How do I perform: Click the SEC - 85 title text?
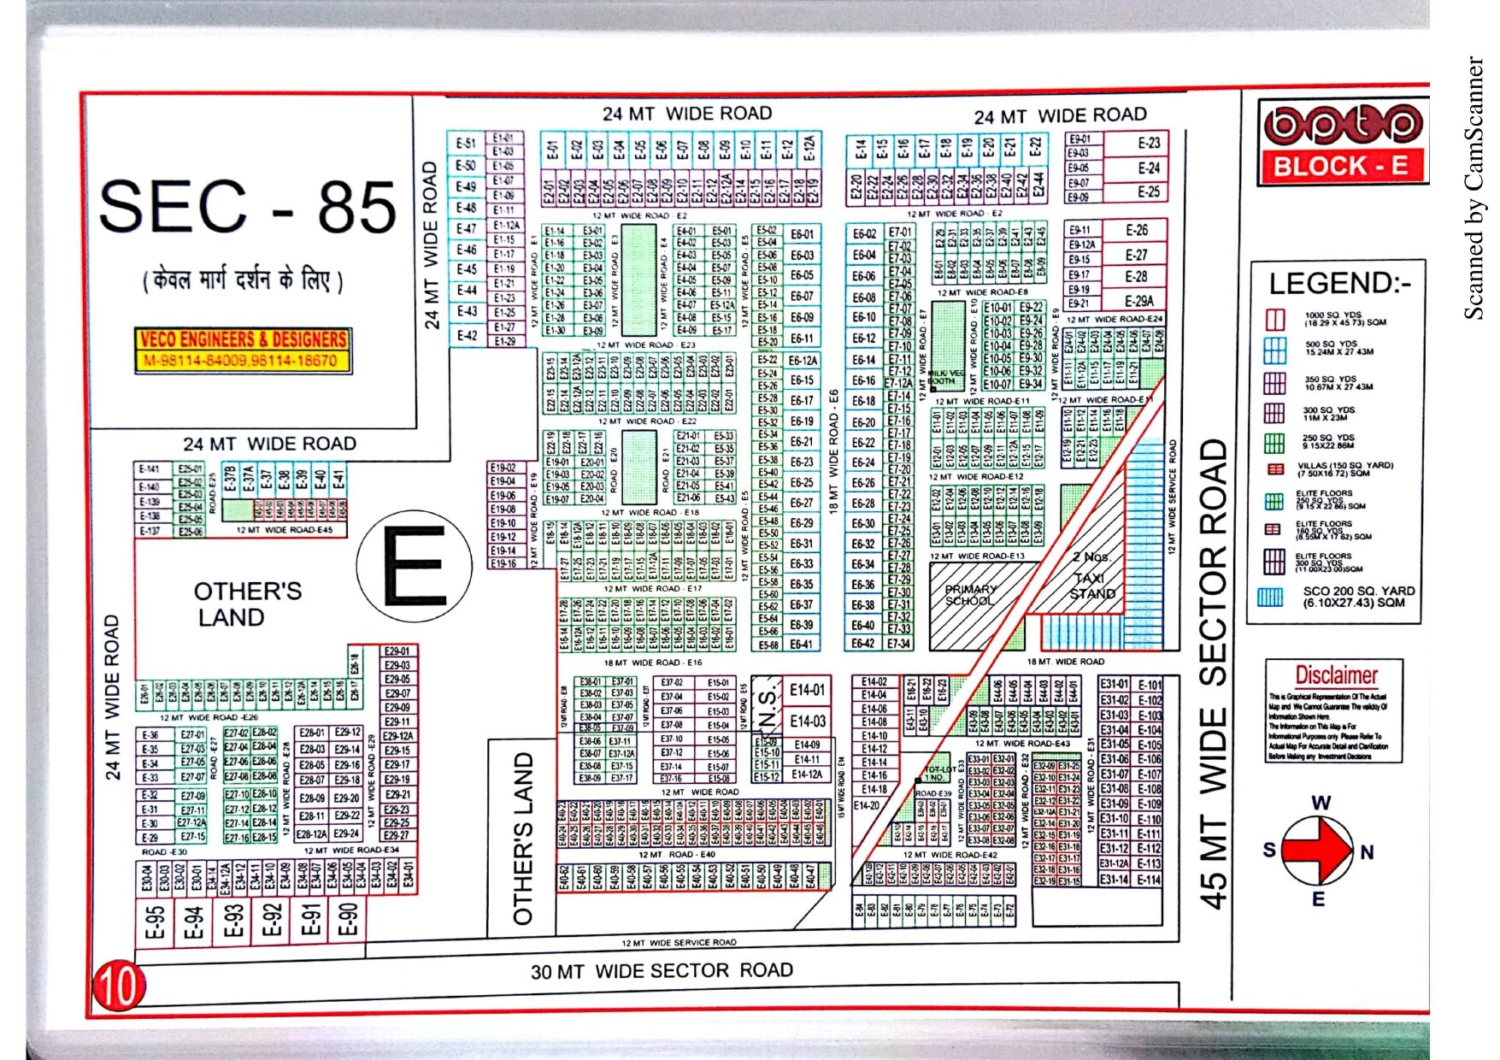coord(247,207)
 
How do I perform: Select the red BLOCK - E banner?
coord(1340,166)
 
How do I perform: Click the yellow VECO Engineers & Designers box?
coord(244,350)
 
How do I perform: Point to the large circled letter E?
coord(414,568)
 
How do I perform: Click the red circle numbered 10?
coord(119,986)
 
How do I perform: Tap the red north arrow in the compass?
coord(1321,850)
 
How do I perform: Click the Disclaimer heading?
coord(1336,675)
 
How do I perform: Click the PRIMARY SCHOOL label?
coord(970,595)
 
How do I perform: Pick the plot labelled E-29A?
coord(1138,301)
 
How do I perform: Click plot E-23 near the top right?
coord(1149,143)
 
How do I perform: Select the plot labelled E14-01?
coord(807,690)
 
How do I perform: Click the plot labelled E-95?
coord(155,922)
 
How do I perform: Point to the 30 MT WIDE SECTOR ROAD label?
coord(662,971)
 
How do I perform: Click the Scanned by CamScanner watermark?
coord(1474,188)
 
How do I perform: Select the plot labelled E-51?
coord(466,143)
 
